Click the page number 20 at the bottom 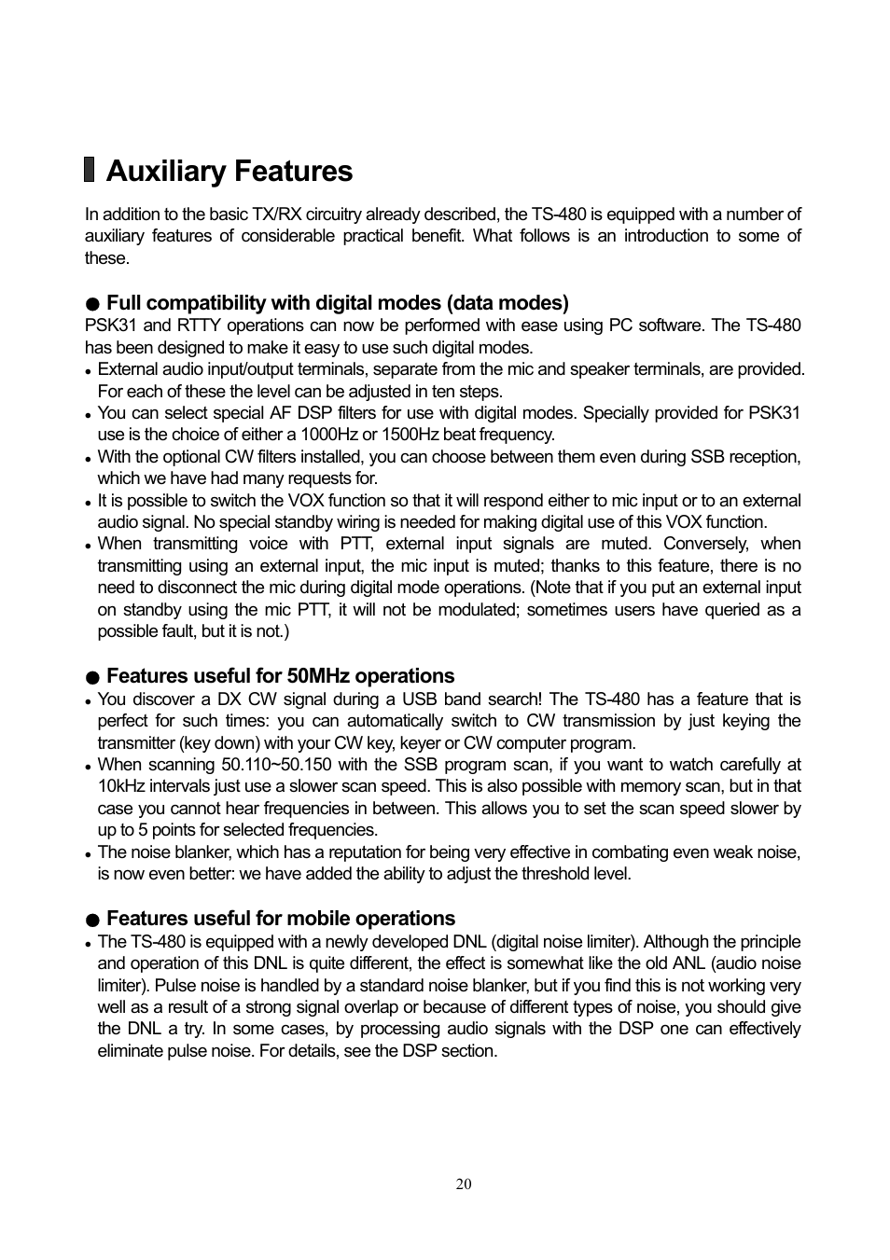(x=464, y=1184)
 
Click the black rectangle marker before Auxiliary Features (x=90, y=170)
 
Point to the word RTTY (x=200, y=325)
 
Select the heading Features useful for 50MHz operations (x=280, y=676)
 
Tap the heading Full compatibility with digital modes (x=337, y=303)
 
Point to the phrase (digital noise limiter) (x=563, y=942)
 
